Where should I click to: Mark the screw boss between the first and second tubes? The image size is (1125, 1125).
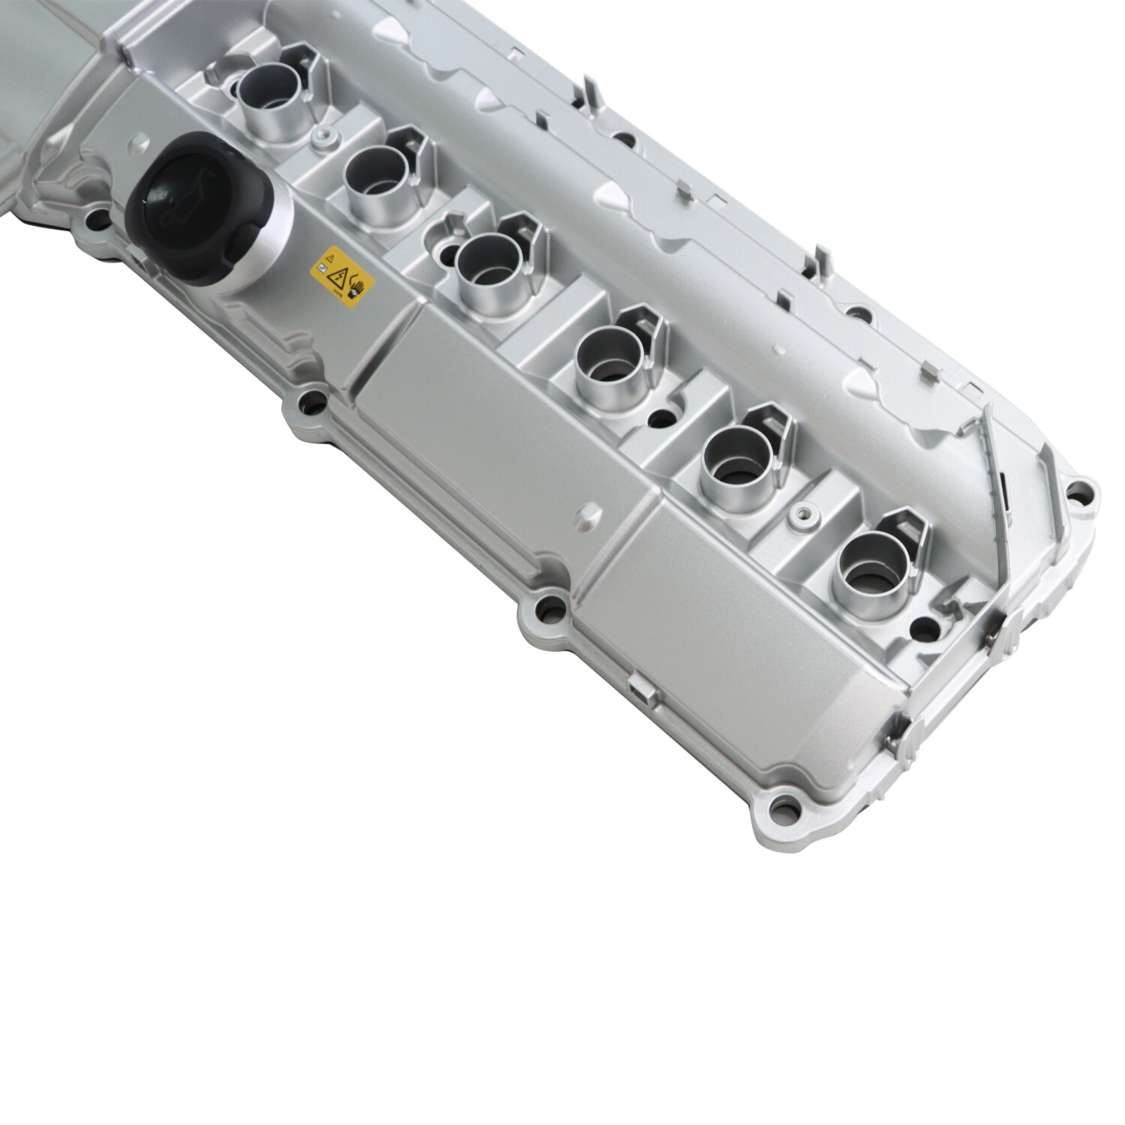click(323, 139)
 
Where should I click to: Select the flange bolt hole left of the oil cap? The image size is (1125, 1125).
click(95, 220)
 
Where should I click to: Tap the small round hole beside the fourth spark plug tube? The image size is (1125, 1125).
click(661, 415)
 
